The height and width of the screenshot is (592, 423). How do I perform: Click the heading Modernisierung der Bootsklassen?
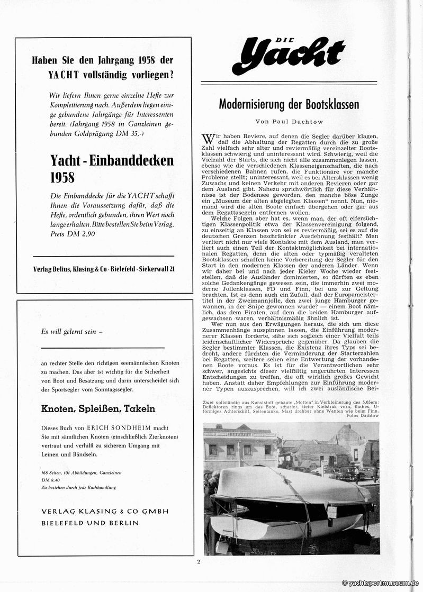pos(289,104)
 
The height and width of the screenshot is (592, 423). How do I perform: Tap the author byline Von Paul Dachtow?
pos(289,121)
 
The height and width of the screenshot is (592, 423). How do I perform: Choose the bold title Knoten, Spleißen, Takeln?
pos(98,408)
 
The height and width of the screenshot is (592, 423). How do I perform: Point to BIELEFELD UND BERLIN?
pos(90,523)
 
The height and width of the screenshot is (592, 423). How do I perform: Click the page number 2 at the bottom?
pos(199,562)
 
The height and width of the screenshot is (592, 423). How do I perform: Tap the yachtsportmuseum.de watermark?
pos(381,582)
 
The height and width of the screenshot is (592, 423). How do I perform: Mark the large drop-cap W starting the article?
pos(208,139)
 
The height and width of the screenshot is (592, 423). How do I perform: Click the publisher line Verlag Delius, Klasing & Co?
pos(103,269)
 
